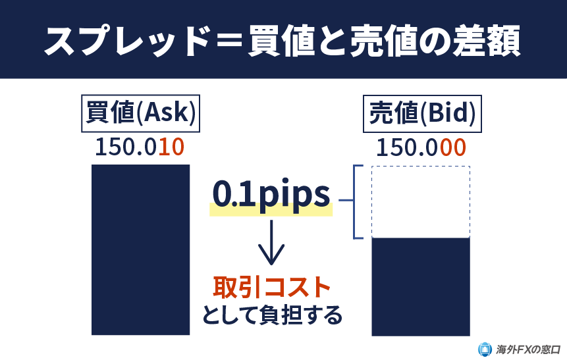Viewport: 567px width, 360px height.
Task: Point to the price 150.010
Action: tap(139, 147)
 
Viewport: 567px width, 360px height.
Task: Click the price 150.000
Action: tap(421, 147)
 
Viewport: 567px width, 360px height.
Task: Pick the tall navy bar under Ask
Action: tap(140, 249)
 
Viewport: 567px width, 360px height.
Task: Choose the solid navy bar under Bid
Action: tap(421, 287)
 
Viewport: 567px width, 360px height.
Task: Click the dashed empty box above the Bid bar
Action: tap(421, 201)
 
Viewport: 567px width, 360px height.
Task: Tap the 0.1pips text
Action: tap(271, 194)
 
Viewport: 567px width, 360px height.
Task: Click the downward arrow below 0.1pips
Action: tap(271, 244)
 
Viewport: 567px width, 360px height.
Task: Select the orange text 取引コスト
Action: tap(271, 287)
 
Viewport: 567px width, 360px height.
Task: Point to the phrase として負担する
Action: tap(271, 315)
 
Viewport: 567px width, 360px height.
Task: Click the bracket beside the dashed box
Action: tap(358, 201)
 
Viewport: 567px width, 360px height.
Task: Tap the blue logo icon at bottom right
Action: tap(485, 349)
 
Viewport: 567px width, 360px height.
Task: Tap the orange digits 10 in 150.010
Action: tap(171, 147)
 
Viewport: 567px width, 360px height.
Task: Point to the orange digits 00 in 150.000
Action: tap(452, 147)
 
